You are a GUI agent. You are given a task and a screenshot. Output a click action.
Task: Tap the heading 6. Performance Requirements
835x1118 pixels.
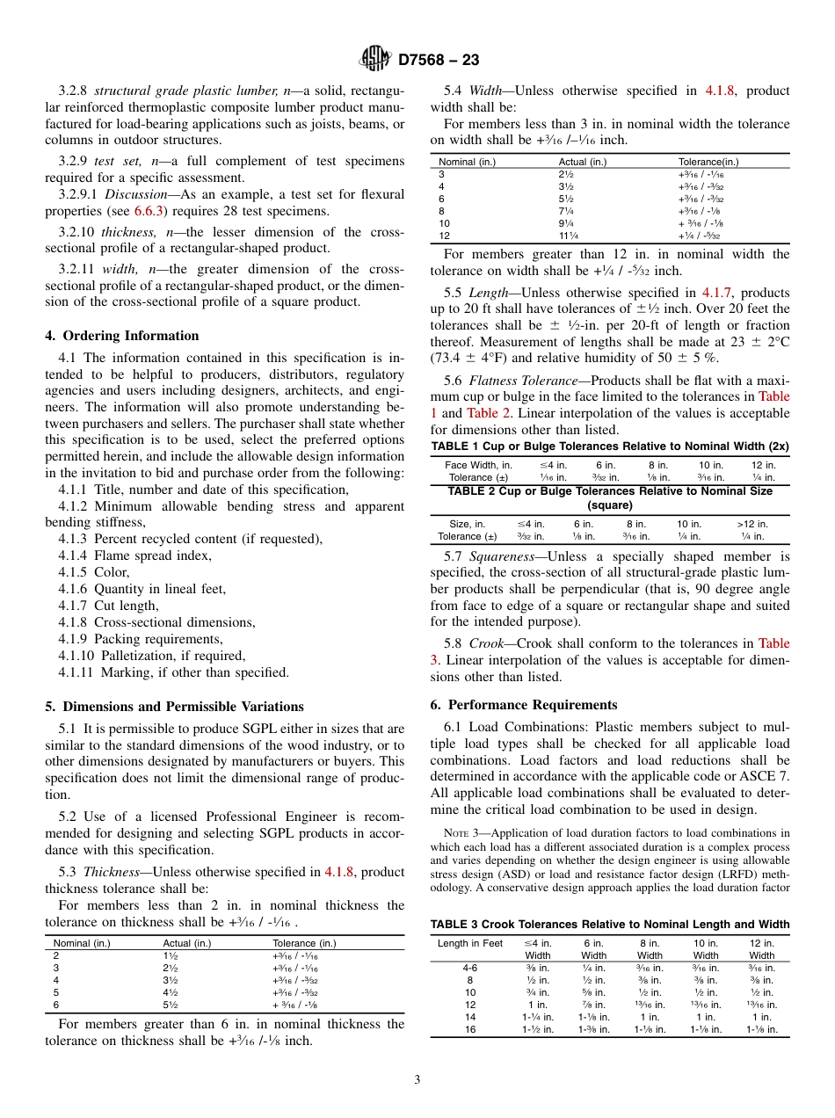tap(524, 704)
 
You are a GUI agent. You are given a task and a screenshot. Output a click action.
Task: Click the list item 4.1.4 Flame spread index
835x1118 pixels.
tap(134, 555)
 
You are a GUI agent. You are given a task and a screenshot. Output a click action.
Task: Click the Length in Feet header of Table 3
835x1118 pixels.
tap(469, 943)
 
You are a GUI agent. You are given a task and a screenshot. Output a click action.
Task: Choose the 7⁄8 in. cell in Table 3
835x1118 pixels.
tap(593, 1005)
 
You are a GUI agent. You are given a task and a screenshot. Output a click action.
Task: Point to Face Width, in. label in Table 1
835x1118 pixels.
tap(478, 465)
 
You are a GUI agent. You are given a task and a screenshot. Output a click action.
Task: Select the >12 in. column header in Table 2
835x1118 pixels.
tap(751, 524)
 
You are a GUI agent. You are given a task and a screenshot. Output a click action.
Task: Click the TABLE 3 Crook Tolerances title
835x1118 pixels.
tap(609, 924)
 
